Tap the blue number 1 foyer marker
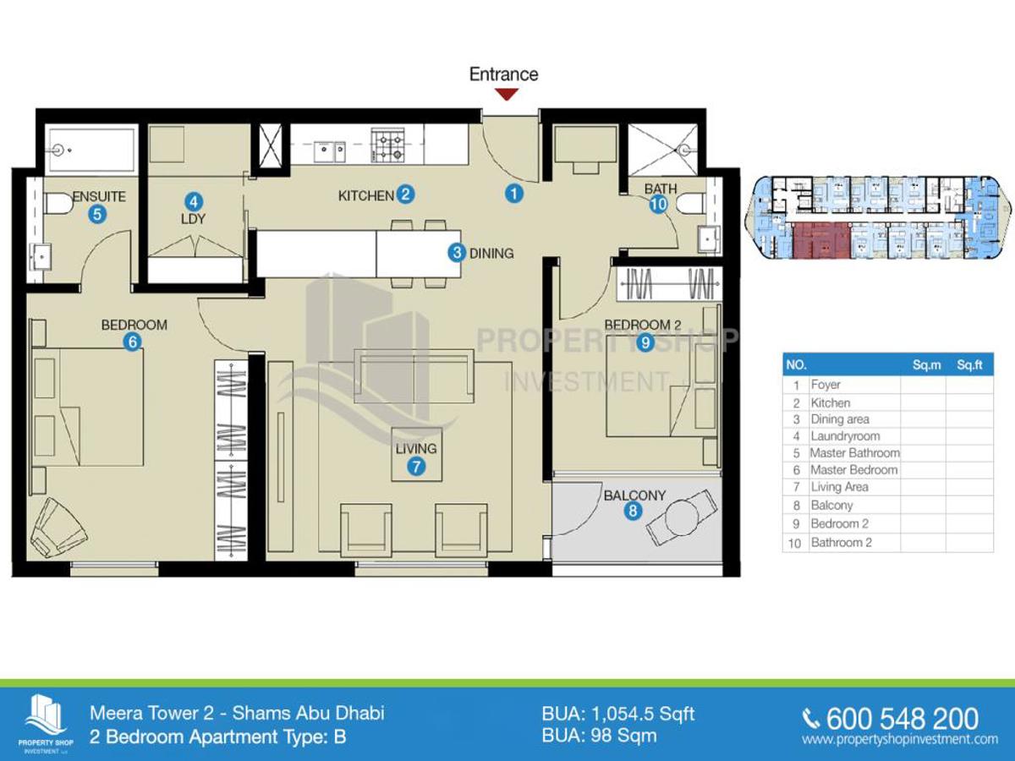click(x=513, y=194)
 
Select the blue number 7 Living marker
click(x=416, y=467)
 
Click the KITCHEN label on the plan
click(x=365, y=196)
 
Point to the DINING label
click(x=491, y=253)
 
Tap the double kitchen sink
click(x=330, y=151)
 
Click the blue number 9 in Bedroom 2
click(x=645, y=342)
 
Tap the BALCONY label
click(x=634, y=495)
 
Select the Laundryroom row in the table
click(x=888, y=436)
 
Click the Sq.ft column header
click(x=969, y=365)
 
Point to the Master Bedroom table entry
click(x=853, y=470)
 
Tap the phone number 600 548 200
click(x=902, y=719)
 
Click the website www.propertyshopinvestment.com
click(x=899, y=739)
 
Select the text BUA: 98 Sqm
click(x=599, y=736)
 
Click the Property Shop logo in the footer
click(x=46, y=724)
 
